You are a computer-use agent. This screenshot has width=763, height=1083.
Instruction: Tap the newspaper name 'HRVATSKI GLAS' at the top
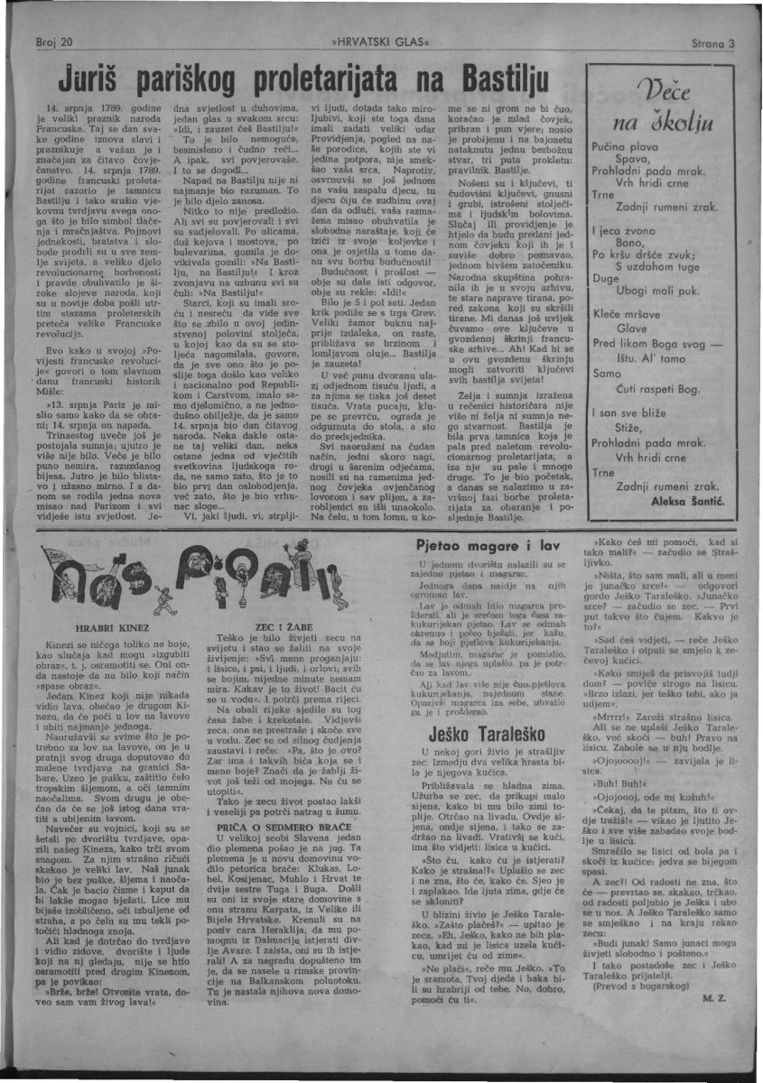pyautogui.click(x=381, y=42)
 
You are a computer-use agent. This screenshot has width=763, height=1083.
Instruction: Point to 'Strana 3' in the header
pyautogui.click(x=713, y=42)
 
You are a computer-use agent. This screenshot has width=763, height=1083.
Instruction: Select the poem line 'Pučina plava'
pyautogui.click(x=625, y=145)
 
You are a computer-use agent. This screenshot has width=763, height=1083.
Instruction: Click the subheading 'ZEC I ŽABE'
pyautogui.click(x=279, y=625)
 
